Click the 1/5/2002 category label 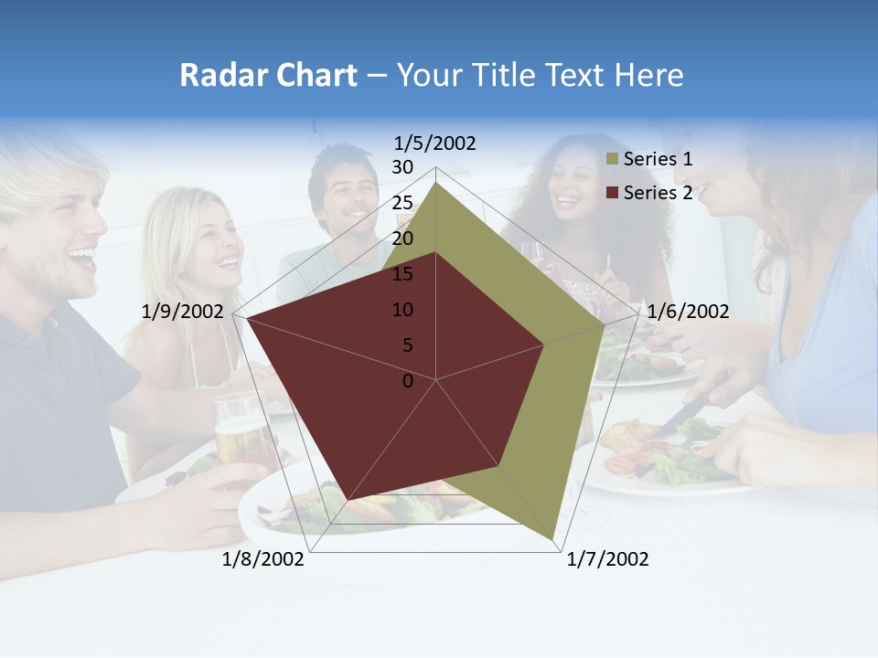point(435,143)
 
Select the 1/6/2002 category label point(688,312)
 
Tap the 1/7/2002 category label point(607,559)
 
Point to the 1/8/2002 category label point(263,559)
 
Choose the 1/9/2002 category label point(183,312)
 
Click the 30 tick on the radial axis point(402,167)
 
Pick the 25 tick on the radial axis point(402,203)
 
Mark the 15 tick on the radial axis point(402,274)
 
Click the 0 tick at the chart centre point(408,381)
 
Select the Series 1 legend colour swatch point(612,160)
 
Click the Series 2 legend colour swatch point(612,193)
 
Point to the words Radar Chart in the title point(268,75)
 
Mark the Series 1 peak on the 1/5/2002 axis point(436,182)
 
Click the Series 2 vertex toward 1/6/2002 point(544,345)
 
